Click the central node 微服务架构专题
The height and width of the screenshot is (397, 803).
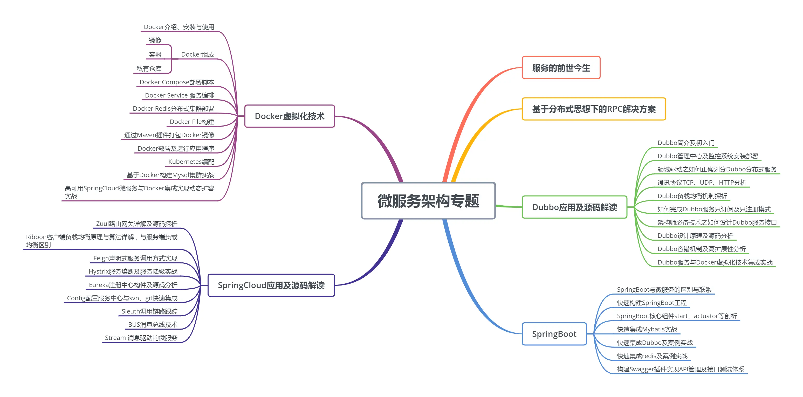[x=428, y=201]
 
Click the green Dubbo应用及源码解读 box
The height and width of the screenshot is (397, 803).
[x=574, y=207]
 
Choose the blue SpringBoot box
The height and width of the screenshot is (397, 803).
[x=554, y=334]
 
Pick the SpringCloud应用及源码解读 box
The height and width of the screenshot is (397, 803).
[x=271, y=285]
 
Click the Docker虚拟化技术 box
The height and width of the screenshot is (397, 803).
[x=289, y=116]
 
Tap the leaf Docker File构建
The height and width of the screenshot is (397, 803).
[x=192, y=122]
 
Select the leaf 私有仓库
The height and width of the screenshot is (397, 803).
[x=149, y=68]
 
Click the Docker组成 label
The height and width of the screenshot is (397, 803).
[x=198, y=54]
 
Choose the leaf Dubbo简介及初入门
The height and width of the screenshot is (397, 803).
[x=686, y=143]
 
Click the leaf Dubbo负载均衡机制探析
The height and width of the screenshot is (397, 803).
[x=692, y=196]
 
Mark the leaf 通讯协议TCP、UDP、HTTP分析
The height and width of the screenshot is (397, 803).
[x=702, y=183]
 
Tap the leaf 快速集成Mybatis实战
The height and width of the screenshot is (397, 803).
[x=647, y=329]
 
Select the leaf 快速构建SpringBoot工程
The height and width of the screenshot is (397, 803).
[x=651, y=303]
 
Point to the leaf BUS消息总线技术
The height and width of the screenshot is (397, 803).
[x=153, y=325]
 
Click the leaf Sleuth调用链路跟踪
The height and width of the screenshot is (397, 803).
[x=149, y=311]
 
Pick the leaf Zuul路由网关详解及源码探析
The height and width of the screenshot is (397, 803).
[x=136, y=224]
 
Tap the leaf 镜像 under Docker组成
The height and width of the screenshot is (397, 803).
[x=155, y=40]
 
